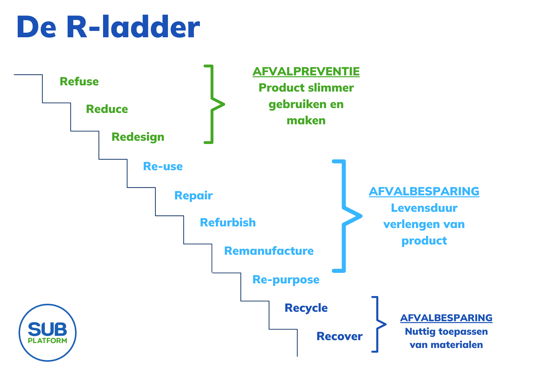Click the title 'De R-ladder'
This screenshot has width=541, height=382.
click(x=108, y=27)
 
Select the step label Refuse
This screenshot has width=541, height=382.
click(x=79, y=82)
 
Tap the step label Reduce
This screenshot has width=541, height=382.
click(x=107, y=109)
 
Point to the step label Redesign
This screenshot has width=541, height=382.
click(x=138, y=137)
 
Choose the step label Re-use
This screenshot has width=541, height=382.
click(x=163, y=166)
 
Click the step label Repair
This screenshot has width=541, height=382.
click(x=193, y=196)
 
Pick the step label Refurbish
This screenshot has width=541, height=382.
click(x=228, y=223)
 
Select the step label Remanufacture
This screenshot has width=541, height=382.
click(x=269, y=251)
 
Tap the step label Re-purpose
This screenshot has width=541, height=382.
click(x=286, y=280)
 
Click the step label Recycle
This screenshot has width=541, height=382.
click(x=306, y=308)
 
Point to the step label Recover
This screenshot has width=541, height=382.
click(x=339, y=336)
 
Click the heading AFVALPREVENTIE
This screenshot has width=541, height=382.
click(x=306, y=72)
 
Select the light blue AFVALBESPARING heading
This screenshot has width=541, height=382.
click(x=424, y=192)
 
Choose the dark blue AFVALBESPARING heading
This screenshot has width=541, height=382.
click(x=446, y=318)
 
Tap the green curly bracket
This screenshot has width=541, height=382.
click(x=213, y=104)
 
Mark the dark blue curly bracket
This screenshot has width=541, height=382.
click(x=377, y=324)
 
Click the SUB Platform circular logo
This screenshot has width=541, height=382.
click(x=48, y=333)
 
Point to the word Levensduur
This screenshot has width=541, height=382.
click(x=424, y=208)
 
